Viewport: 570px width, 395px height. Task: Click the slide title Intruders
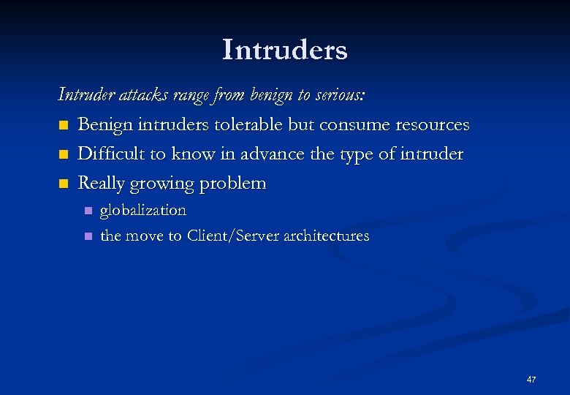pyautogui.click(x=285, y=50)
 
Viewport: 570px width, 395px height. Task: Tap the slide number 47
pyautogui.click(x=531, y=380)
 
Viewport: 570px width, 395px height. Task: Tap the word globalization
pyautogui.click(x=143, y=211)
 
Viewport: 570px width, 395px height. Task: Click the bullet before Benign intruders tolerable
pyautogui.click(x=63, y=126)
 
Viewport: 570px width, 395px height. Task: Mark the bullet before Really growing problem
pyautogui.click(x=63, y=184)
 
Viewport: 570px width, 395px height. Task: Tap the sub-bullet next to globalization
pyautogui.click(x=87, y=211)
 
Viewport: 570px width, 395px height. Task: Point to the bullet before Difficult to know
pyautogui.click(x=63, y=155)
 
